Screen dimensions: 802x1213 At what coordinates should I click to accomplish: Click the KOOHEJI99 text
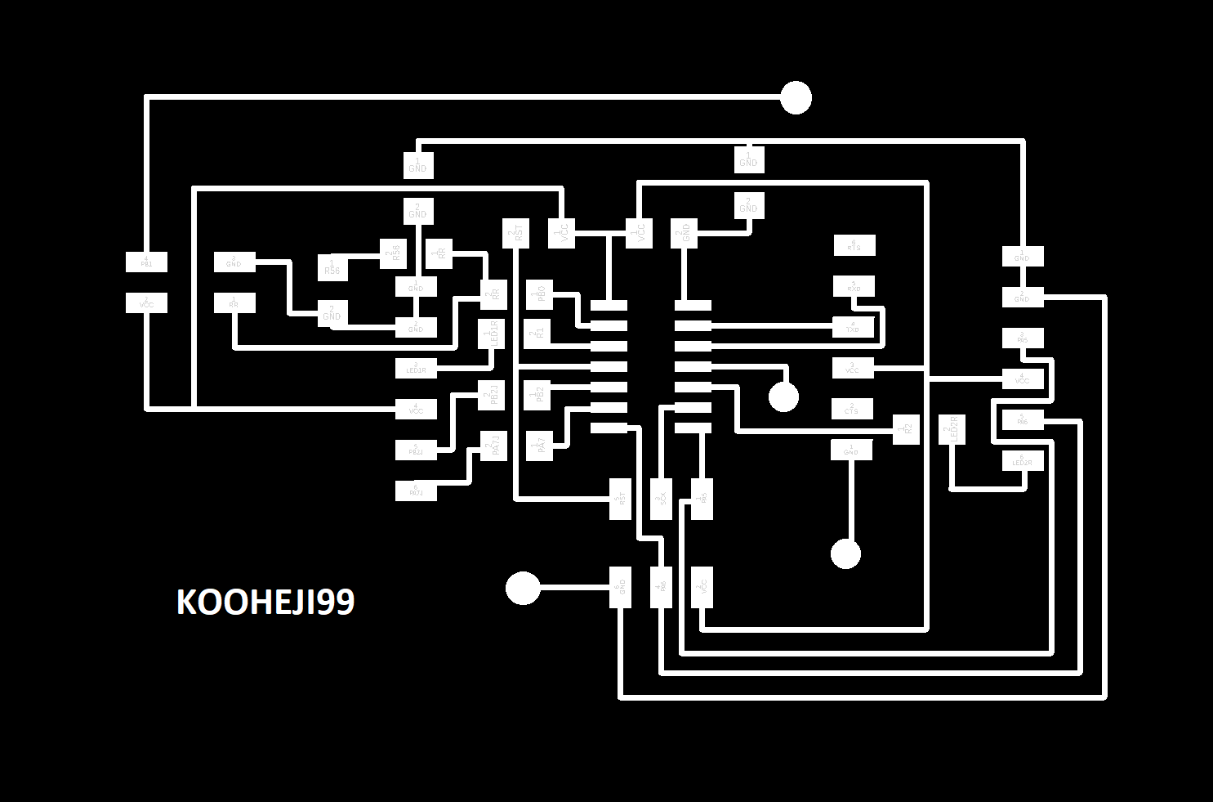(x=265, y=603)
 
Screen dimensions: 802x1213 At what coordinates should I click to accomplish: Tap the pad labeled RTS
(x=854, y=244)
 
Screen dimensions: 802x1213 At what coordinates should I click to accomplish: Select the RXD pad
(x=854, y=286)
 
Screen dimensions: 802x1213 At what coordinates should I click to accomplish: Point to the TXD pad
(x=854, y=327)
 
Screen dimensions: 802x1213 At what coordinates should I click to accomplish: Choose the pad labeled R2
(x=905, y=429)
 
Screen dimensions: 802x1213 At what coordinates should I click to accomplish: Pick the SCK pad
(x=662, y=498)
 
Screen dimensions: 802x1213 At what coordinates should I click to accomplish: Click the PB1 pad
(x=146, y=262)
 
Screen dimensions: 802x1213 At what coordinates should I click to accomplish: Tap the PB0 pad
(x=540, y=293)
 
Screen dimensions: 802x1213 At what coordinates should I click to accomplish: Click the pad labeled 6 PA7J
(x=416, y=491)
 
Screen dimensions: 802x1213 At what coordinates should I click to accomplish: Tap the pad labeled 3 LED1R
(x=416, y=369)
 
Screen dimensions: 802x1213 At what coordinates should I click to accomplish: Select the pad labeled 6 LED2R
(x=1023, y=461)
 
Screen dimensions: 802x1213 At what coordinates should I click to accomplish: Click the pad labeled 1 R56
(x=332, y=267)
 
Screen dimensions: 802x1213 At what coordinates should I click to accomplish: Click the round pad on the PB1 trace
(x=796, y=97)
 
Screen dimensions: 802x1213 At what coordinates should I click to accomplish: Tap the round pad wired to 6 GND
(x=523, y=587)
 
